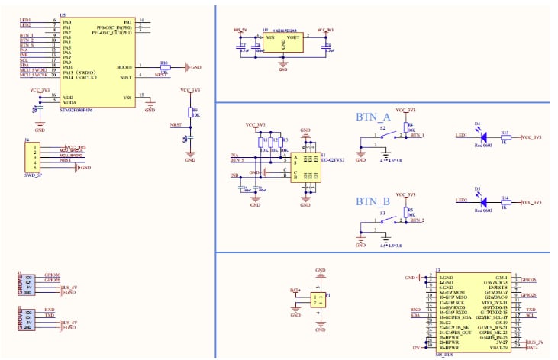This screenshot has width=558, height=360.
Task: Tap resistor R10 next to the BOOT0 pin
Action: [x=164, y=67]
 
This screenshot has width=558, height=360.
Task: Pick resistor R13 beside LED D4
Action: [x=505, y=137]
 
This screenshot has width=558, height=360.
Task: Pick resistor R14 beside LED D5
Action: [x=505, y=202]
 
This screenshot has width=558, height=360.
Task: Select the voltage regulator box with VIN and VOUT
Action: [x=283, y=41]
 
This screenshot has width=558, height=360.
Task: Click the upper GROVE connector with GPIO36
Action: [x=27, y=285]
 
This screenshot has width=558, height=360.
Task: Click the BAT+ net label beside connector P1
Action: [x=295, y=291]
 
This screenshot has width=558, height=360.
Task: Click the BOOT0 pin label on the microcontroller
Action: [x=125, y=66]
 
